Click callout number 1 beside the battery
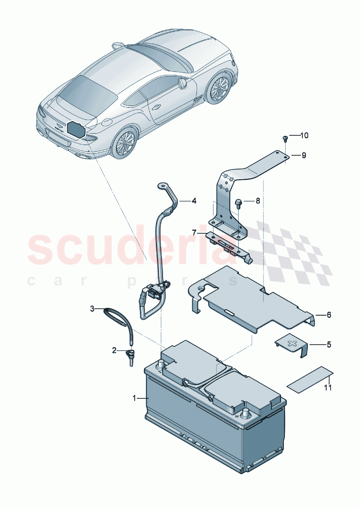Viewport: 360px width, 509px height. click(x=134, y=398)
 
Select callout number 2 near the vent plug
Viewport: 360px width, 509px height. click(x=114, y=350)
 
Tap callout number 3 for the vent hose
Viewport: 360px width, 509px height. click(x=92, y=309)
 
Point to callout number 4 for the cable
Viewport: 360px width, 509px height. click(x=194, y=201)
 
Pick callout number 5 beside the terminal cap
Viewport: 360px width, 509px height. click(x=329, y=344)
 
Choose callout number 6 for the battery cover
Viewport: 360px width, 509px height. click(x=329, y=315)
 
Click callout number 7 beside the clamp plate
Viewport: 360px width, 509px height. click(x=194, y=233)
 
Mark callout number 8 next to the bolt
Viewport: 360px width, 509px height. click(x=258, y=201)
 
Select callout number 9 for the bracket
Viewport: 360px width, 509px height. click(x=304, y=155)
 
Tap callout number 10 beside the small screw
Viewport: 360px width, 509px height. click(x=304, y=135)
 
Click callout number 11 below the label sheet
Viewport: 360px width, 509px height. click(x=328, y=388)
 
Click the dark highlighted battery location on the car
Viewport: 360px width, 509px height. click(x=76, y=128)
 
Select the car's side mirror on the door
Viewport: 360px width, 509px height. click(x=182, y=84)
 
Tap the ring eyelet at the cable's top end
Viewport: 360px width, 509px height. click(x=161, y=186)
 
